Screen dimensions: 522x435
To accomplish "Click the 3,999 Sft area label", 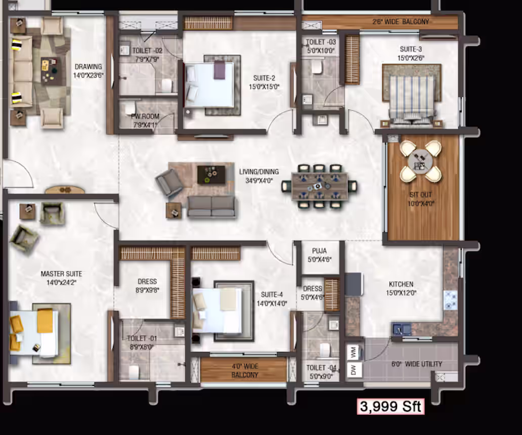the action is [x=390, y=406].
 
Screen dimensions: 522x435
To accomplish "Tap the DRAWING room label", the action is [x=88, y=67].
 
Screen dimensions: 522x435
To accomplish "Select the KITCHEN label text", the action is [x=401, y=284].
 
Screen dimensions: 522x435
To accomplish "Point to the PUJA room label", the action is [x=319, y=251].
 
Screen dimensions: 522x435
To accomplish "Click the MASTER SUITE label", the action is [x=61, y=274].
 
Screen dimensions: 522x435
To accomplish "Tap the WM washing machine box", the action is [x=353, y=352].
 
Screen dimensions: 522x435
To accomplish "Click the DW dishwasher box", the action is [x=353, y=369].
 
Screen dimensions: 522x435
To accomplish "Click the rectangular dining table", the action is [x=319, y=187].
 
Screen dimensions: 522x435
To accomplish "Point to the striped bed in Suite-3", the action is [x=412, y=97].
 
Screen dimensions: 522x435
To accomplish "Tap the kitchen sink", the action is [x=401, y=329].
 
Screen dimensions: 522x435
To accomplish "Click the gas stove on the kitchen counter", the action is [x=450, y=300].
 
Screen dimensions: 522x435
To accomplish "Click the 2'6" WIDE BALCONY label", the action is [x=401, y=22].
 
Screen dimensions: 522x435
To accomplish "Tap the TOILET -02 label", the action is [x=148, y=51].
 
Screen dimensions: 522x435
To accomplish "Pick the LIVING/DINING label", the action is [x=259, y=172].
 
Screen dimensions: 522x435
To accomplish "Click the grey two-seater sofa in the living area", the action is [x=211, y=206].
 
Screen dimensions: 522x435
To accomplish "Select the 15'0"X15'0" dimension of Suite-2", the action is [x=264, y=87].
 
